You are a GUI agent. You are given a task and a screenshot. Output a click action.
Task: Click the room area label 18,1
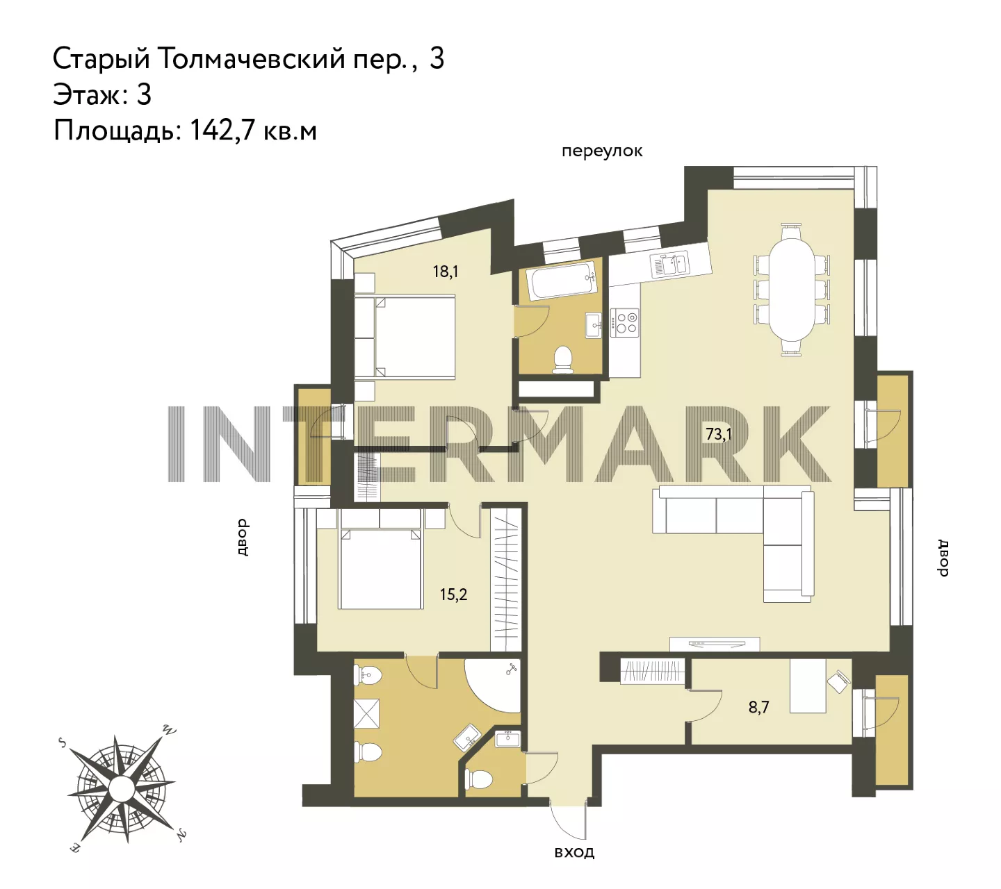click(445, 271)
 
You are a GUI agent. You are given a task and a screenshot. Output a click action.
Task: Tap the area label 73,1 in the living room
click(718, 434)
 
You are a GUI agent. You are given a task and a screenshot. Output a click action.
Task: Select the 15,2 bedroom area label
click(453, 595)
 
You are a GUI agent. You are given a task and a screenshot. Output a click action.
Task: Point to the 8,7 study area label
click(758, 707)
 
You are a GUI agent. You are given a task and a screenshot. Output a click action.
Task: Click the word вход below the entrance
click(574, 852)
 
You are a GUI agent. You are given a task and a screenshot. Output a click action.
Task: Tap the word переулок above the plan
click(602, 151)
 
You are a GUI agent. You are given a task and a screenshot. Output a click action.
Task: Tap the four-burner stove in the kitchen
click(625, 322)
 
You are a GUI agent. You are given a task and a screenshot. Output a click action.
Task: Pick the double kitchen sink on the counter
click(669, 264)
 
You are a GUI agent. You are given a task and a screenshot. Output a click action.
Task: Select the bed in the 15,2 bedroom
click(380, 568)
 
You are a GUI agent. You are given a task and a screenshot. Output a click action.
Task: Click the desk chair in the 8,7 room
click(839, 682)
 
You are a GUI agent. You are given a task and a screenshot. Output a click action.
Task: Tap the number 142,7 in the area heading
click(223, 131)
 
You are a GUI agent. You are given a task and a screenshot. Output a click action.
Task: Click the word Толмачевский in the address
click(252, 59)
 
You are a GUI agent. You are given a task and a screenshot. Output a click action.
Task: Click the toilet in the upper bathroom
click(563, 359)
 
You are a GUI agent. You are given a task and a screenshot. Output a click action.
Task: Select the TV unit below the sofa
click(715, 644)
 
